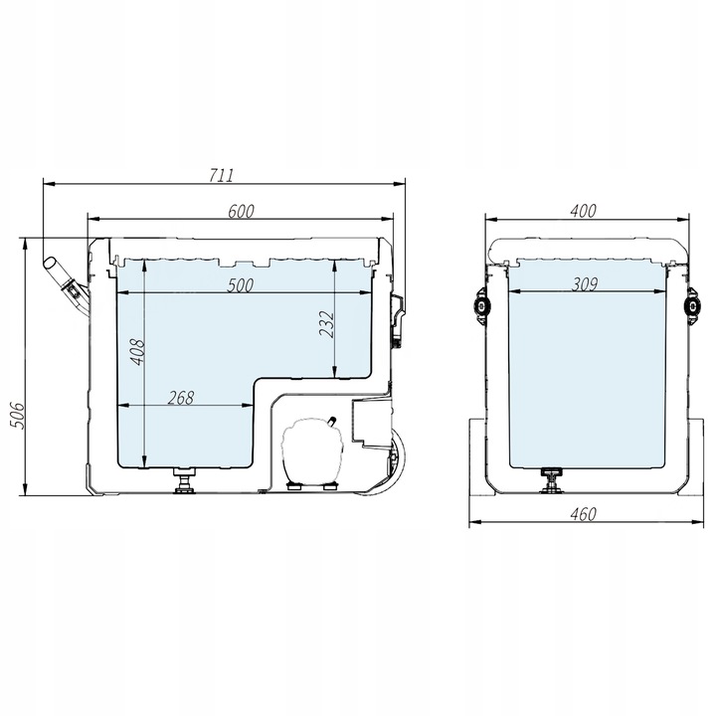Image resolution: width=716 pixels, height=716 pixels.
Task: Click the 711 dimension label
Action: click(222, 175)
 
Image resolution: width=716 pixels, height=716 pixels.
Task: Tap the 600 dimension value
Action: click(241, 211)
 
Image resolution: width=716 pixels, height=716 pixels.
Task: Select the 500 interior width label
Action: click(241, 285)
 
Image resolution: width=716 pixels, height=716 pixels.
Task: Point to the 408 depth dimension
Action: click(137, 351)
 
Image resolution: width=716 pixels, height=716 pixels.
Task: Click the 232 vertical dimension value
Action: click(327, 324)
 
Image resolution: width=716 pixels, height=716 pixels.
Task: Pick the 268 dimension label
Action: click(181, 398)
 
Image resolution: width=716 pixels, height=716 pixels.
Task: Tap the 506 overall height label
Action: click(16, 415)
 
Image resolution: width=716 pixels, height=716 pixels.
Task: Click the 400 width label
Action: click(583, 211)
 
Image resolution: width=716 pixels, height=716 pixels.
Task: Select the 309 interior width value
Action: click(585, 284)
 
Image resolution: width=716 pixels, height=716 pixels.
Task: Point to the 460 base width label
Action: click(584, 514)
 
